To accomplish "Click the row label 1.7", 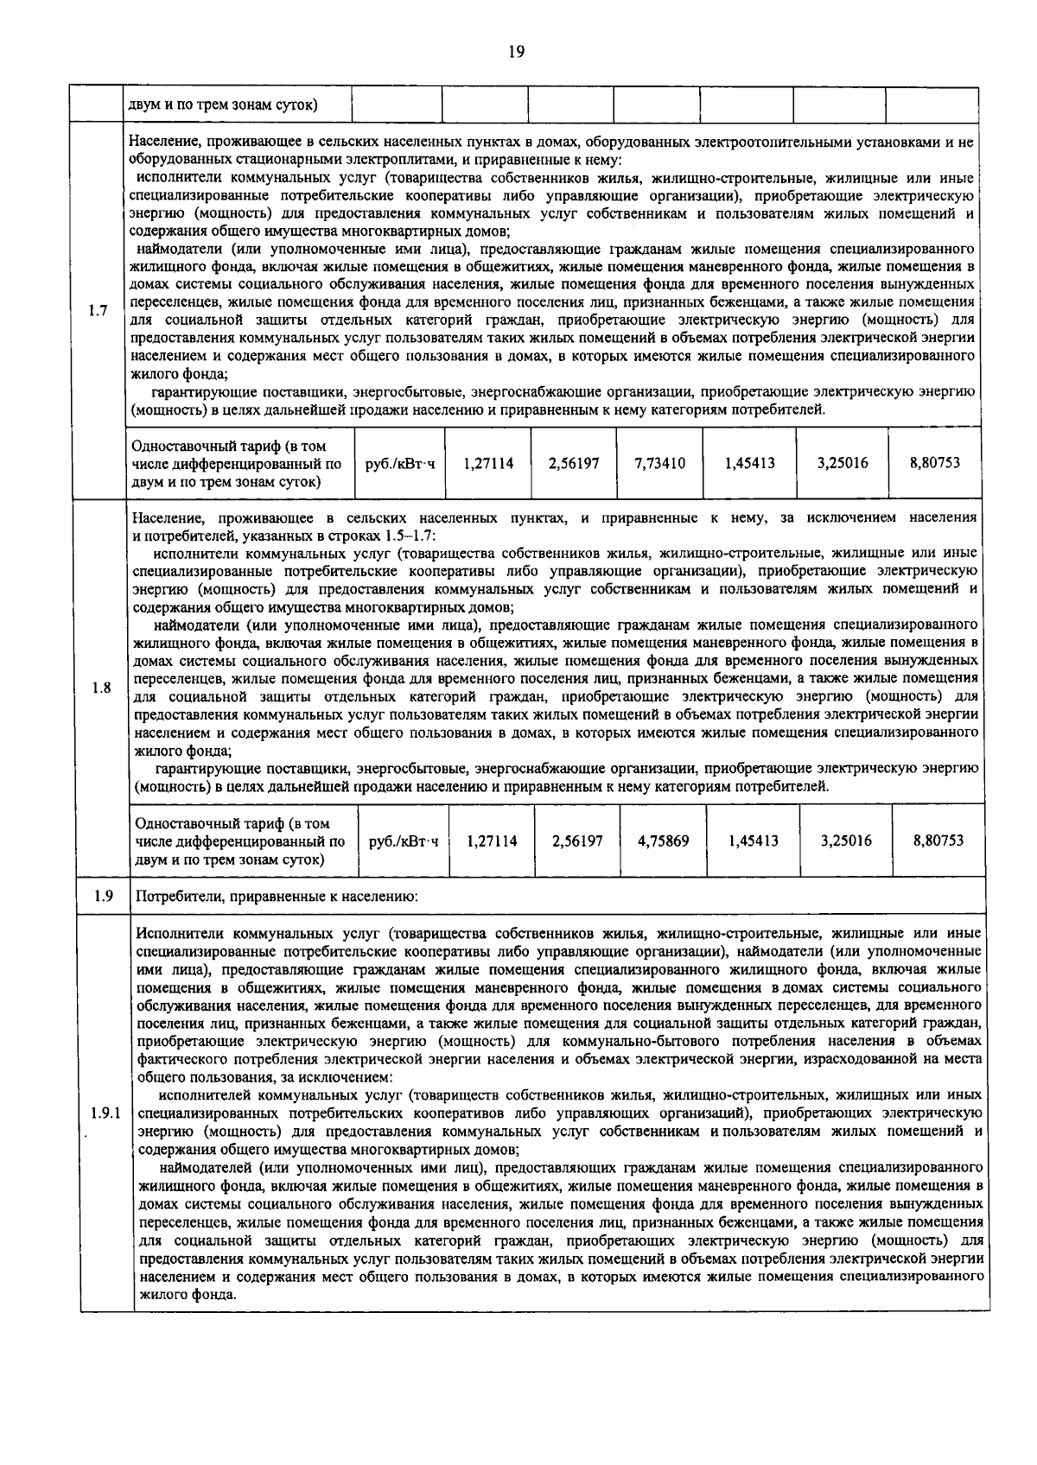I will click(98, 311).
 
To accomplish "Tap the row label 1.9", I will click(104, 896).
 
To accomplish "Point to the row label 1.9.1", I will click(105, 1113).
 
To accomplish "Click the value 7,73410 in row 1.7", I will click(659, 464).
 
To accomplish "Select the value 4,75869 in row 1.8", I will click(663, 840).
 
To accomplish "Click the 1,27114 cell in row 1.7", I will click(488, 464).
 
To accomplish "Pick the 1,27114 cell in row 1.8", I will click(492, 840).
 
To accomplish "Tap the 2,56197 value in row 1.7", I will click(574, 464).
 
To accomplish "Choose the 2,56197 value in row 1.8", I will click(577, 840).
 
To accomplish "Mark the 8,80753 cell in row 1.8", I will click(938, 840).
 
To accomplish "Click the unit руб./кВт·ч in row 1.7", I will click(400, 464).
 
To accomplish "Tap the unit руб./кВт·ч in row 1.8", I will click(403, 840).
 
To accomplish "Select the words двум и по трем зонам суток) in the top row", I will click(222, 105).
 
